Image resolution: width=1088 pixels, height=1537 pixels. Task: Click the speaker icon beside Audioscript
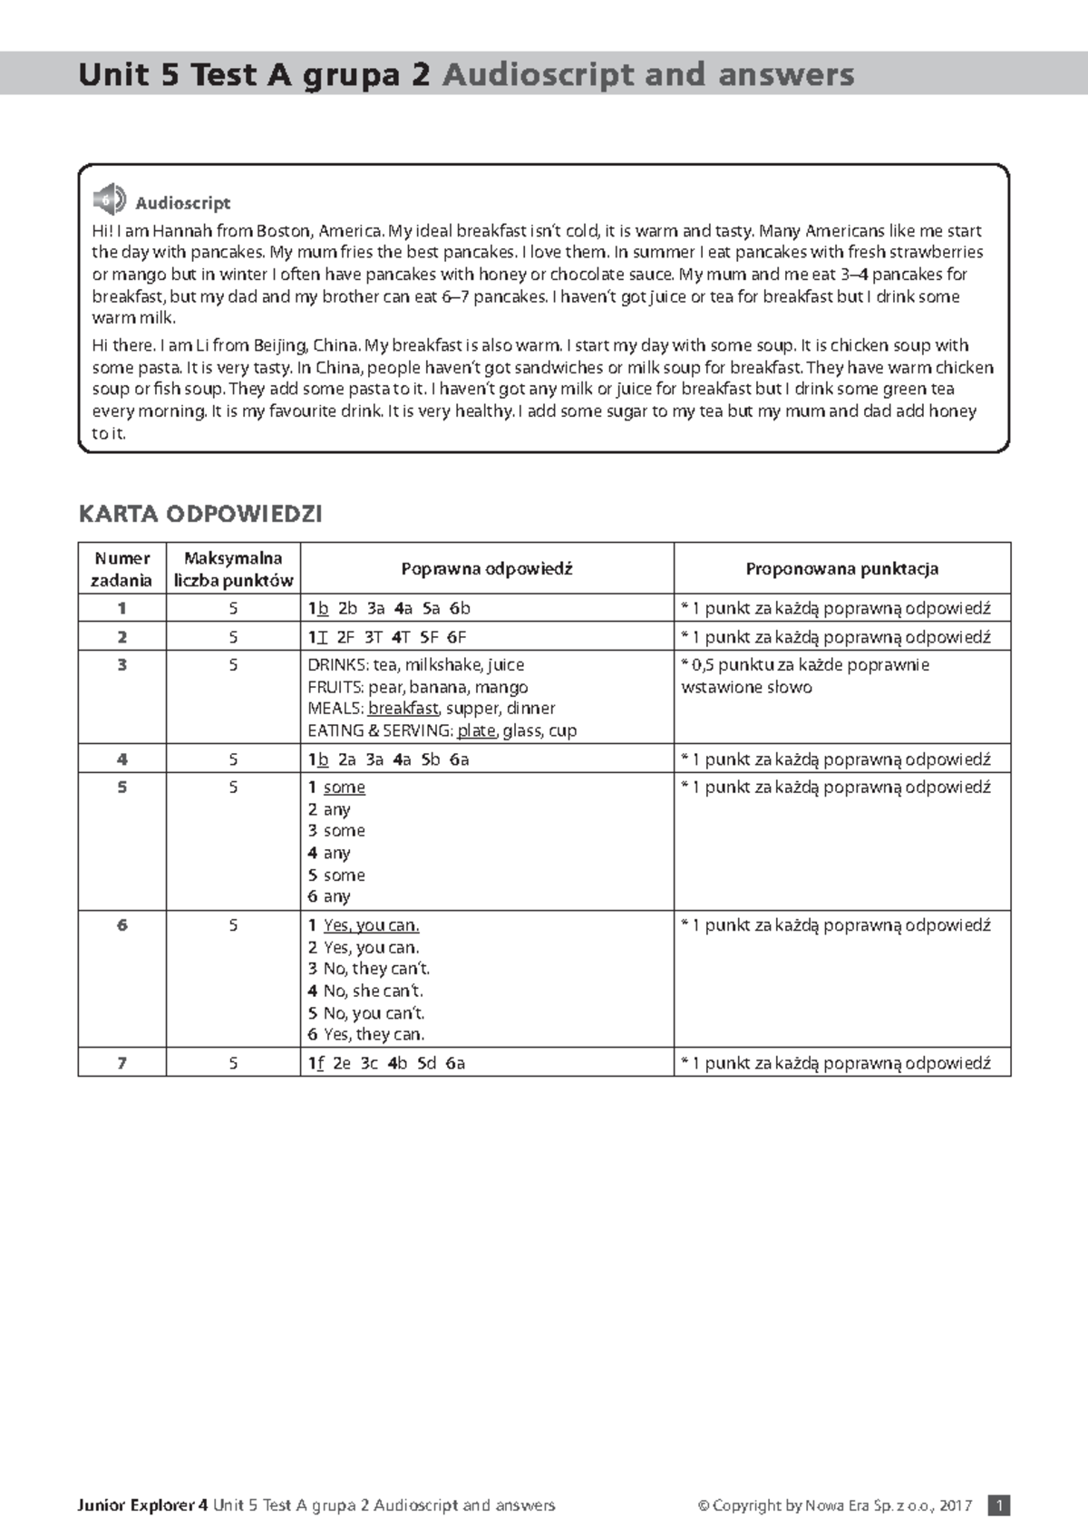(109, 199)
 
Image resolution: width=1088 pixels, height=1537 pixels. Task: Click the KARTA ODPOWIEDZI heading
(200, 514)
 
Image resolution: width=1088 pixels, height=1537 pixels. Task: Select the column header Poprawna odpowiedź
(487, 569)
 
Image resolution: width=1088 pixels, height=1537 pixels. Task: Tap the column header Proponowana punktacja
(841, 569)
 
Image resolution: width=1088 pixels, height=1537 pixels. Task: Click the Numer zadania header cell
(121, 569)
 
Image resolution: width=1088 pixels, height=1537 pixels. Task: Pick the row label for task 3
(121, 665)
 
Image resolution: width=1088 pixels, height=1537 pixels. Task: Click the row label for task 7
(121, 1063)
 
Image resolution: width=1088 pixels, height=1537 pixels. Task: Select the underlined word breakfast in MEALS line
(403, 709)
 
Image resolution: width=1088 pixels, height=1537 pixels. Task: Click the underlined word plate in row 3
(476, 730)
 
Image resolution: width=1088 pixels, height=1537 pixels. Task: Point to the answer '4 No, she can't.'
(365, 991)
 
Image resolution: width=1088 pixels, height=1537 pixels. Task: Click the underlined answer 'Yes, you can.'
(371, 925)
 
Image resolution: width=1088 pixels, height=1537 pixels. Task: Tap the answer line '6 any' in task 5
(329, 896)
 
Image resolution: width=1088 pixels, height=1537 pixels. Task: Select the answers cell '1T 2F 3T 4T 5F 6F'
(387, 637)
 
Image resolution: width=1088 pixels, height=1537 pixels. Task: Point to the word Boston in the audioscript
(283, 231)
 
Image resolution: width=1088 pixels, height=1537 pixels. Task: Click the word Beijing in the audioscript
(281, 345)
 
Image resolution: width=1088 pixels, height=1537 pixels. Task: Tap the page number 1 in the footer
(999, 1505)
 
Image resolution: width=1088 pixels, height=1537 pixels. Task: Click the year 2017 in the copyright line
(956, 1505)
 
